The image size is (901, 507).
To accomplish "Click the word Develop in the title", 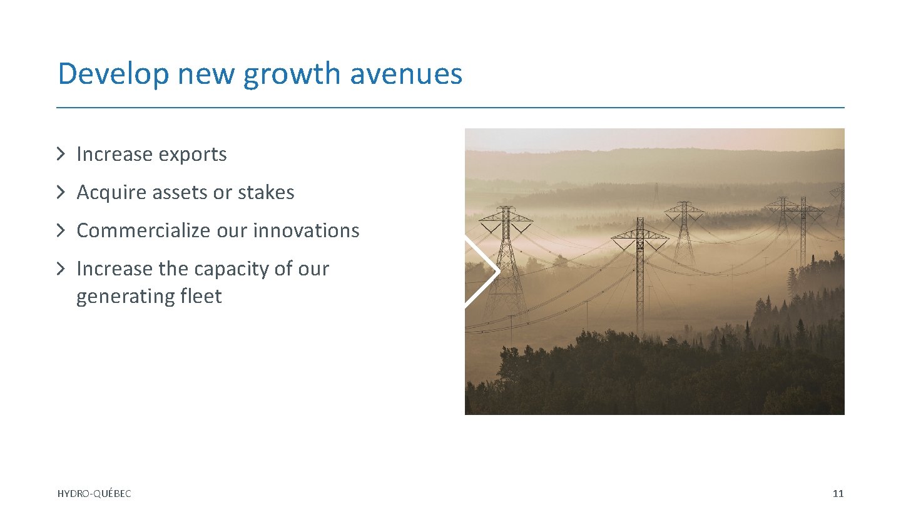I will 113,74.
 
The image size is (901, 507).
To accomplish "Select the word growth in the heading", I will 292,74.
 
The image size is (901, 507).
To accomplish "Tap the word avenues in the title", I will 406,74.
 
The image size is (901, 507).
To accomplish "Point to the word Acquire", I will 108,192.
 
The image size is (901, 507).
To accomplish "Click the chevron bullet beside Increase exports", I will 61,154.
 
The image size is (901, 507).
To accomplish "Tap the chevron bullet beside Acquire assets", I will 61,192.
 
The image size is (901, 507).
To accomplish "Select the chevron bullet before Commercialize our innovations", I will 61,230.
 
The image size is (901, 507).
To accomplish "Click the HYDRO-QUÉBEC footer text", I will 94,494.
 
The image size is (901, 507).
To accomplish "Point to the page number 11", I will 838,494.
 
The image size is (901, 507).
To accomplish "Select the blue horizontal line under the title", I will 450,108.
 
